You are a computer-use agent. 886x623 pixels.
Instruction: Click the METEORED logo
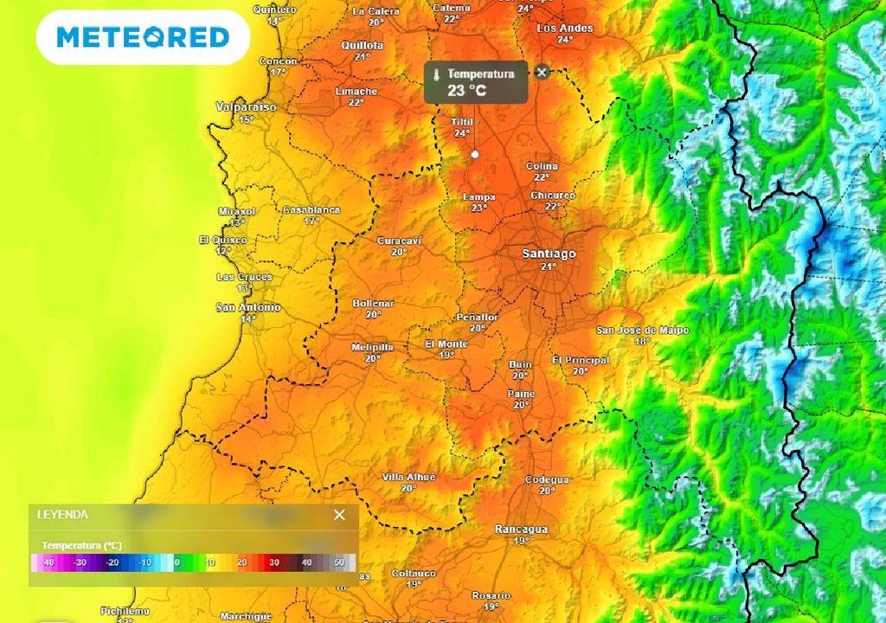click(x=143, y=37)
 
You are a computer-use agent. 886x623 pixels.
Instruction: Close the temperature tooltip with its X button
click(x=542, y=72)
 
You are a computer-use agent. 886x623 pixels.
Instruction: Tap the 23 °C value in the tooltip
click(x=468, y=89)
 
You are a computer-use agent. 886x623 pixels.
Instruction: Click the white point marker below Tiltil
click(x=474, y=154)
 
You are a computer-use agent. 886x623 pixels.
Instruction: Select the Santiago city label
click(x=549, y=254)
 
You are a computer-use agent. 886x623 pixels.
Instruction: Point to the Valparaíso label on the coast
click(x=247, y=107)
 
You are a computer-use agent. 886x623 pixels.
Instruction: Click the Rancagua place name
click(x=521, y=529)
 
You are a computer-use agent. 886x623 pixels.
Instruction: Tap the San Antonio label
click(x=248, y=307)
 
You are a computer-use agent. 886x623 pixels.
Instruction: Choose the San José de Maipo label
click(x=642, y=330)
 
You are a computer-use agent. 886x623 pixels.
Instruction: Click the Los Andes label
click(x=565, y=28)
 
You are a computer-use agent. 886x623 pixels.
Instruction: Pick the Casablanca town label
click(x=311, y=209)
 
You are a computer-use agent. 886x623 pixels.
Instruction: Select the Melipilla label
click(x=372, y=347)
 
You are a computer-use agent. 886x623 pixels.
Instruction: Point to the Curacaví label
click(x=399, y=241)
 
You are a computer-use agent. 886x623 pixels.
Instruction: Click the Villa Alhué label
click(x=408, y=477)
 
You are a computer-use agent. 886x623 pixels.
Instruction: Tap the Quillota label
click(x=363, y=45)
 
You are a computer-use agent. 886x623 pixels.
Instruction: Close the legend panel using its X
click(x=339, y=515)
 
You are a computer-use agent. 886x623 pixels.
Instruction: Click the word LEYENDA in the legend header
click(x=62, y=514)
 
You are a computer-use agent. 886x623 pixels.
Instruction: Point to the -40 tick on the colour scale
click(x=48, y=562)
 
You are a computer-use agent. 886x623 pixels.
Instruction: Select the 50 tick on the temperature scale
click(x=339, y=562)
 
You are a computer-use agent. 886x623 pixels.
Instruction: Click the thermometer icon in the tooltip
click(x=437, y=74)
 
